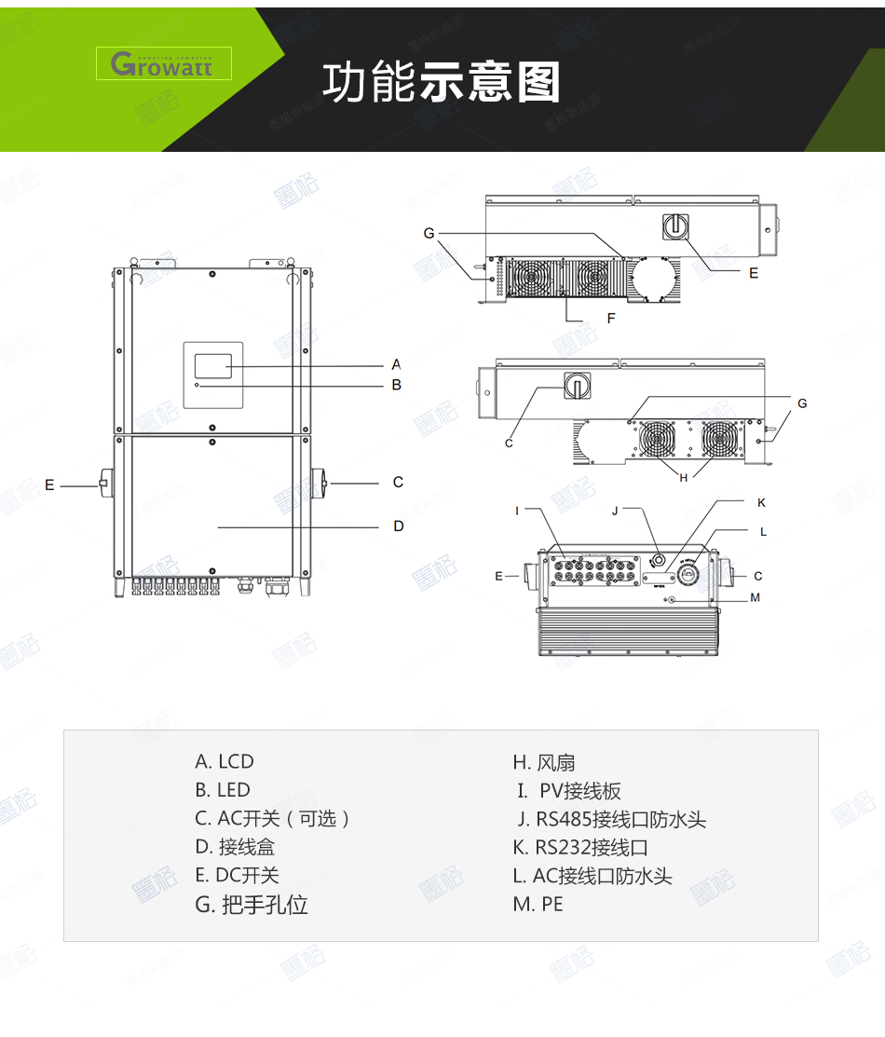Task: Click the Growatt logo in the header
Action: [x=163, y=63]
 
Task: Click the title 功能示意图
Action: [x=442, y=82]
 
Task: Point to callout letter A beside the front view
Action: [x=396, y=365]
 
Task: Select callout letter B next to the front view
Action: [x=396, y=384]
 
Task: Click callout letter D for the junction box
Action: [x=398, y=526]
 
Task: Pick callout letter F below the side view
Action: [x=611, y=319]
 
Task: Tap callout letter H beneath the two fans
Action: [x=683, y=477]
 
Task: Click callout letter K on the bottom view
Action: [x=761, y=502]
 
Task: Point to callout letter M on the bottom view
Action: [x=755, y=597]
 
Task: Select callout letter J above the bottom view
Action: [x=615, y=511]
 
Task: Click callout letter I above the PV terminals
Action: [x=517, y=511]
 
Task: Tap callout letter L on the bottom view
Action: [x=763, y=531]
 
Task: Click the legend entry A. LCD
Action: [x=225, y=761]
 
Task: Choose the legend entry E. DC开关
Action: [x=237, y=875]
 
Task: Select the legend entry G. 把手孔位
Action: [x=252, y=904]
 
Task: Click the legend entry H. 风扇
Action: [x=544, y=763]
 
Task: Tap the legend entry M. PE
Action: [x=538, y=904]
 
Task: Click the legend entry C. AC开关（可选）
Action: [x=273, y=818]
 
